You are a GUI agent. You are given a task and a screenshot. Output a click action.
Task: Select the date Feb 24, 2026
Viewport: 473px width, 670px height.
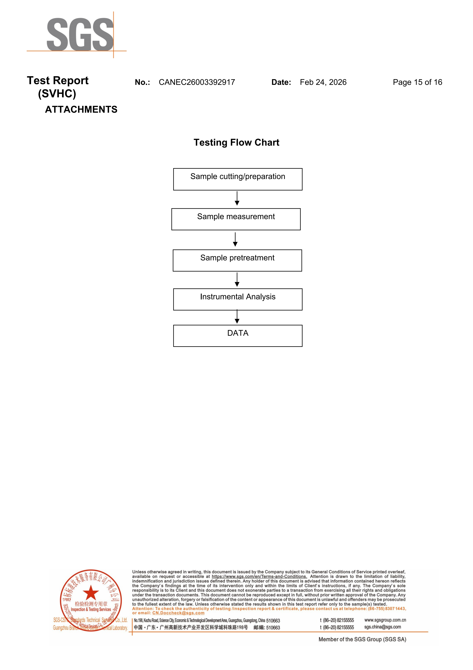click(323, 82)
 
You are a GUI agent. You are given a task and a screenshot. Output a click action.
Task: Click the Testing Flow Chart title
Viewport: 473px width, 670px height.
click(236, 142)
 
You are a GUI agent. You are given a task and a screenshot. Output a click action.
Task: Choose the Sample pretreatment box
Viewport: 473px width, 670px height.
click(237, 260)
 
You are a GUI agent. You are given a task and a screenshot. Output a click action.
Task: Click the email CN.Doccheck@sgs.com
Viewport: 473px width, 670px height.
click(178, 613)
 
